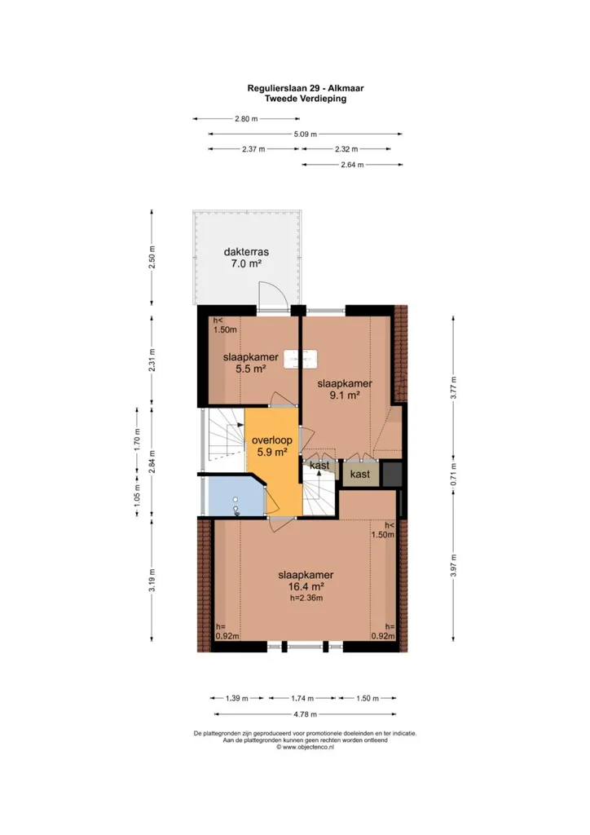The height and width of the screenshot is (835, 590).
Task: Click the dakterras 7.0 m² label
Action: pos(246,258)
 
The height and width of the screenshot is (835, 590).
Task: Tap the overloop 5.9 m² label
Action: pos(272,446)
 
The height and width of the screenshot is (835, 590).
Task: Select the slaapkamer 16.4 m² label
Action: pos(306,581)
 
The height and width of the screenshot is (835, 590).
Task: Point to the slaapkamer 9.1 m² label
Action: pos(345,389)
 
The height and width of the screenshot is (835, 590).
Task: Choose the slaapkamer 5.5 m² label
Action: pos(250,363)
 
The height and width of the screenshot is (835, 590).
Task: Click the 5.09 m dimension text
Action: pos(306,135)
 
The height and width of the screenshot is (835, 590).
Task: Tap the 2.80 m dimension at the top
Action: pos(246,119)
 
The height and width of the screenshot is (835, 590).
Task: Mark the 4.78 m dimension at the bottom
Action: pos(306,714)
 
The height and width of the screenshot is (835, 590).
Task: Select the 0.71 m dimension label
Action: pos(453,474)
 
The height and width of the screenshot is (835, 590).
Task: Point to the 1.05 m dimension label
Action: pos(137,495)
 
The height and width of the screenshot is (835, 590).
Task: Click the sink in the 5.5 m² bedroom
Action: pos(302,359)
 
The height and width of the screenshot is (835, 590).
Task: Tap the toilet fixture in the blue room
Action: pos(236,506)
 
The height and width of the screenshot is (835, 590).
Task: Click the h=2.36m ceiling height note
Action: pos(306,598)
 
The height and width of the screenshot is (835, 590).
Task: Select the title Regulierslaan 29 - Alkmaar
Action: pos(306,88)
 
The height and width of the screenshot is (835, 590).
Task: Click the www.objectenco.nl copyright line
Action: pos(306,747)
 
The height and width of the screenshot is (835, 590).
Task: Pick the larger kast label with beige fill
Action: pos(360,474)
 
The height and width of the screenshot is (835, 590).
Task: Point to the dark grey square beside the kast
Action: pos(392,474)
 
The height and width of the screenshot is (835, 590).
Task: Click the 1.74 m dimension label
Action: pos(302,698)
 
